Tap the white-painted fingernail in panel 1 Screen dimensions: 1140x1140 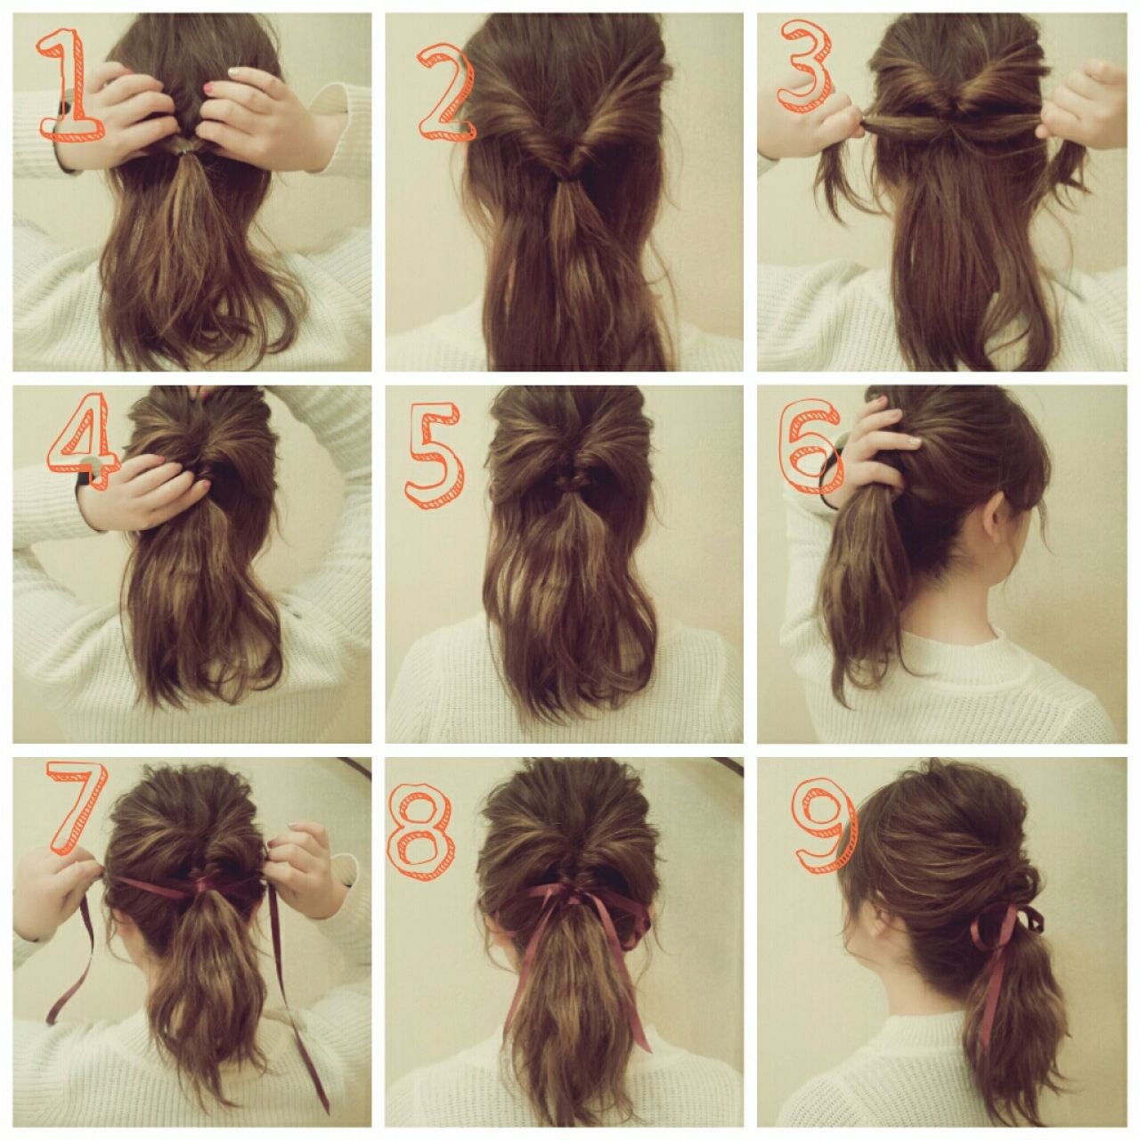coord(235,71)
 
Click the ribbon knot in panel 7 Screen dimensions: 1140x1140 coord(202,886)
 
